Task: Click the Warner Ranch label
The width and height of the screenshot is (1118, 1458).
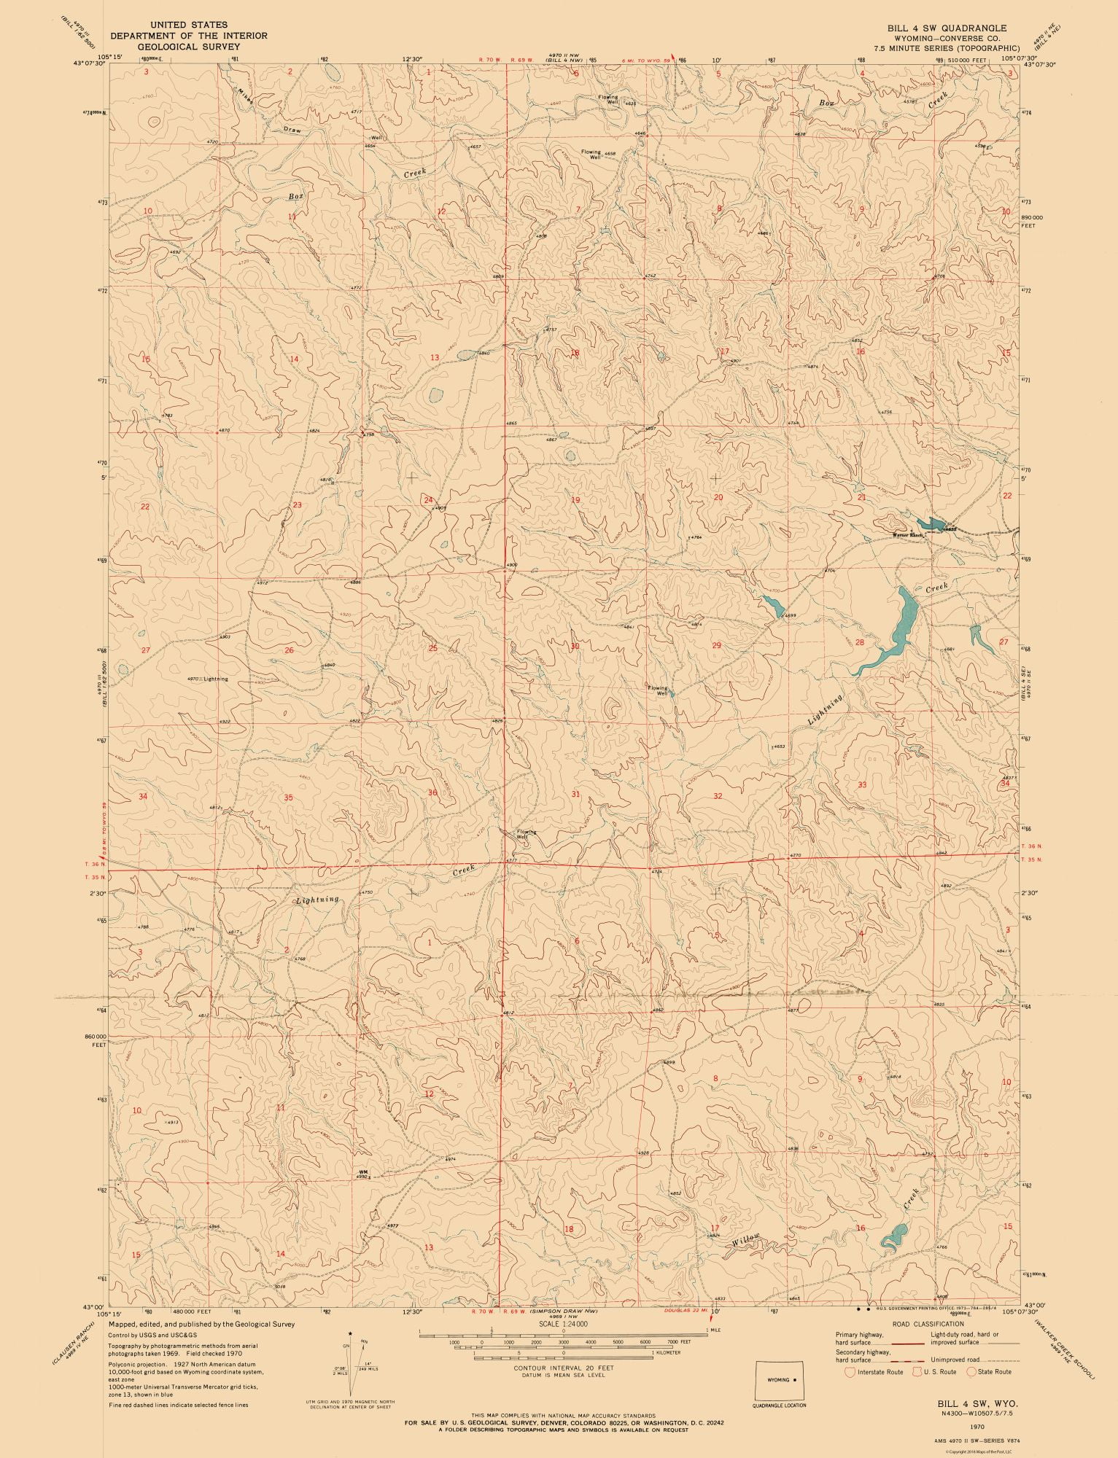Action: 907,535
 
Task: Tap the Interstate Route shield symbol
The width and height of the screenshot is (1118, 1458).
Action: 848,1372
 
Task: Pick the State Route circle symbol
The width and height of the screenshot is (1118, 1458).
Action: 972,1372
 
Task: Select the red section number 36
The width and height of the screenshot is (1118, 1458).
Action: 432,792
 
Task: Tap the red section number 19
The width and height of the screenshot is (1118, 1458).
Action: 575,500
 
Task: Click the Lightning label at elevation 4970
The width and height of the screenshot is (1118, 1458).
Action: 216,679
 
